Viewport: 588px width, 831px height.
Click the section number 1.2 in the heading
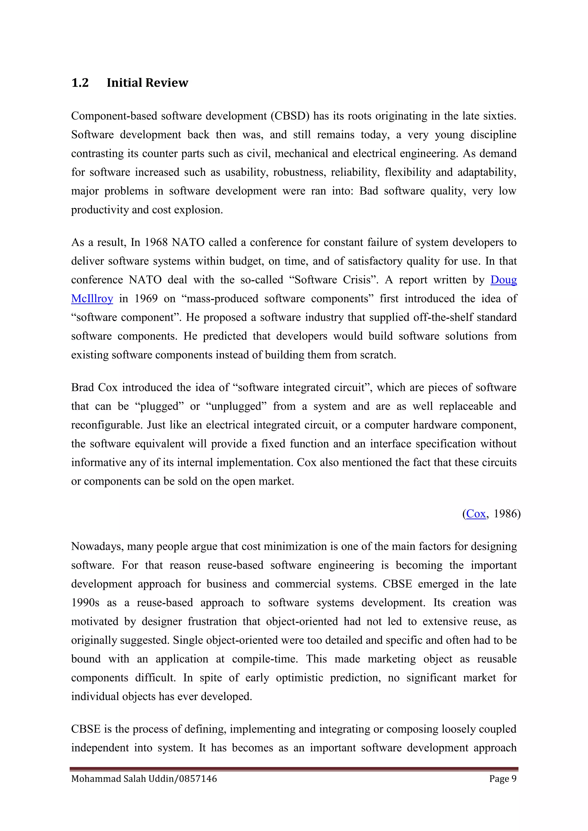click(x=80, y=83)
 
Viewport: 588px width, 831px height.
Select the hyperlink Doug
click(x=503, y=280)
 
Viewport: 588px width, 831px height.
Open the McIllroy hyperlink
click(x=92, y=299)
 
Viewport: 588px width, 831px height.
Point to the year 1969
click(x=146, y=299)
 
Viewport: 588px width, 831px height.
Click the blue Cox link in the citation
click(x=476, y=514)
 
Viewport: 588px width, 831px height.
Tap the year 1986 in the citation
click(x=505, y=514)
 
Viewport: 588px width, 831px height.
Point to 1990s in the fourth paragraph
click(x=85, y=603)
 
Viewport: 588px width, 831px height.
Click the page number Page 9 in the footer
click(x=502, y=778)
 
